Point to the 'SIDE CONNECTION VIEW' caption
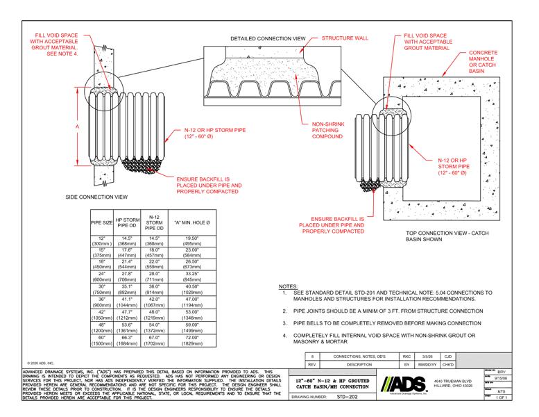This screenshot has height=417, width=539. pyautogui.click(x=96, y=197)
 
